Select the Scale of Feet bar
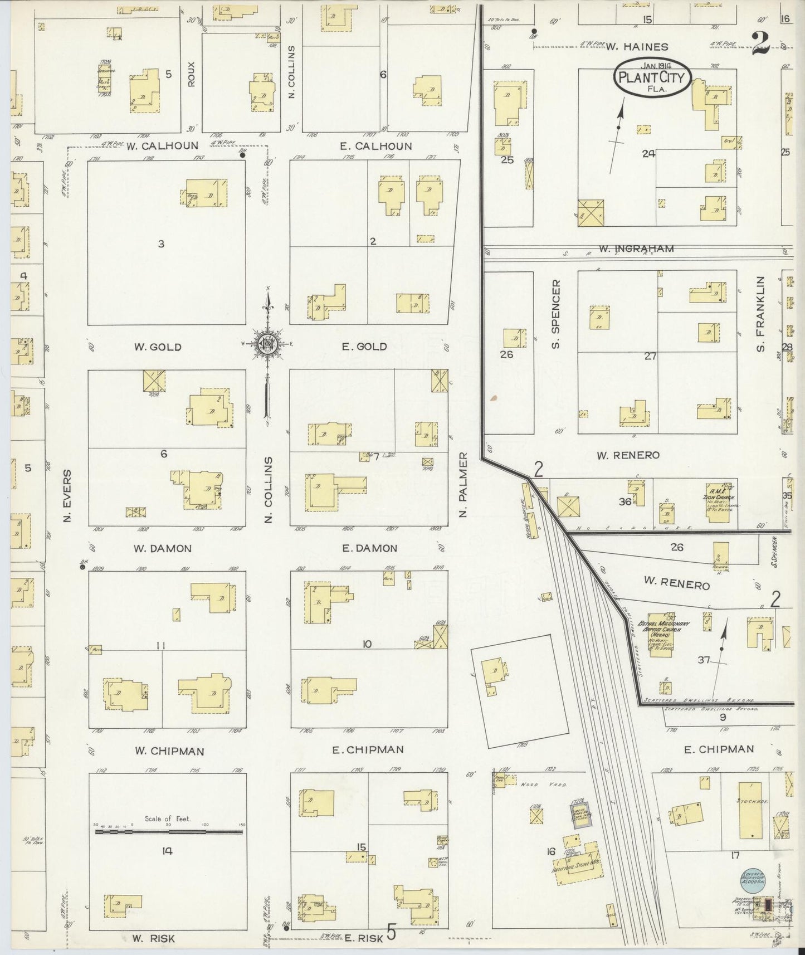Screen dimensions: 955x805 coord(169,832)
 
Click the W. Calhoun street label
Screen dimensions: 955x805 coord(162,146)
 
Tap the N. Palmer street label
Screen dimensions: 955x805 coord(464,485)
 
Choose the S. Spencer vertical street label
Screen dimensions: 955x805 coord(555,314)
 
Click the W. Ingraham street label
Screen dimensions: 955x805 coord(636,249)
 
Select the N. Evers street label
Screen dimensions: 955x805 coord(68,495)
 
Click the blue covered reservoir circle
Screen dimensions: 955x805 coord(753,877)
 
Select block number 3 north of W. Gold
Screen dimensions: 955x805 coord(161,243)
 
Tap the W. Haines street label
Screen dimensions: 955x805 coord(637,47)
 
